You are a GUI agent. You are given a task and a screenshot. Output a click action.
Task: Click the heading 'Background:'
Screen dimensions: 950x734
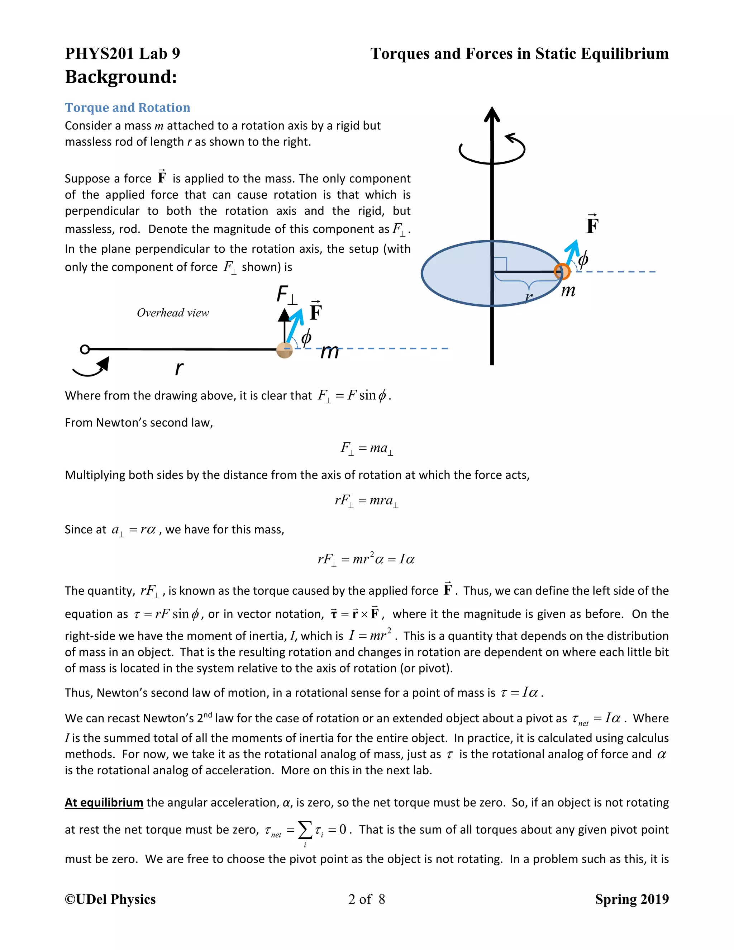(120, 77)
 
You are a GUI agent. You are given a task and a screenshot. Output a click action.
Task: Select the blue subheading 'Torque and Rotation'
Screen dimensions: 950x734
(127, 108)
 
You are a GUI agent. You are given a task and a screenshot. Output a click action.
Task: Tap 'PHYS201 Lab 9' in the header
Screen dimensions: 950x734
(122, 53)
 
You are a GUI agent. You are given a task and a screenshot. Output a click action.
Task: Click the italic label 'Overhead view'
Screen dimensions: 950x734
(173, 313)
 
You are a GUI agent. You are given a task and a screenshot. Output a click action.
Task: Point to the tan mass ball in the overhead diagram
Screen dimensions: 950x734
(284, 350)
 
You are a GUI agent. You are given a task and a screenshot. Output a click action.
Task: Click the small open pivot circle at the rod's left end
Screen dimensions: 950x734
(85, 349)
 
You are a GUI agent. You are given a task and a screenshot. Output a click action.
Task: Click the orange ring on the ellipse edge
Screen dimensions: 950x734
(562, 272)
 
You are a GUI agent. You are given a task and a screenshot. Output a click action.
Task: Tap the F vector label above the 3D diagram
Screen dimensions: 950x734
(592, 225)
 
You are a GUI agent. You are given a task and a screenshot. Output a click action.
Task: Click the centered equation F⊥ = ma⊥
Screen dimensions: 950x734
(367, 448)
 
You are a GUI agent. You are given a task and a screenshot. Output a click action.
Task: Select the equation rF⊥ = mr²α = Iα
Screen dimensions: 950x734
(366, 559)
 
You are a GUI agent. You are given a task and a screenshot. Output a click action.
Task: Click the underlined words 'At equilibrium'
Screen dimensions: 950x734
(104, 803)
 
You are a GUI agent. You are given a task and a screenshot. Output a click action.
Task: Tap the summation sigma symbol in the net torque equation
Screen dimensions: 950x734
(305, 830)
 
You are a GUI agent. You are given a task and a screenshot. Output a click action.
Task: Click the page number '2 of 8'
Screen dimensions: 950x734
(367, 899)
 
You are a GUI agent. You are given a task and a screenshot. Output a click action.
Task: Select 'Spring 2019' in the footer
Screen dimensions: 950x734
(631, 899)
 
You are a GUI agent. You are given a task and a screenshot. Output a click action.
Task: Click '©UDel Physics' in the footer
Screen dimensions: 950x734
(110, 899)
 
